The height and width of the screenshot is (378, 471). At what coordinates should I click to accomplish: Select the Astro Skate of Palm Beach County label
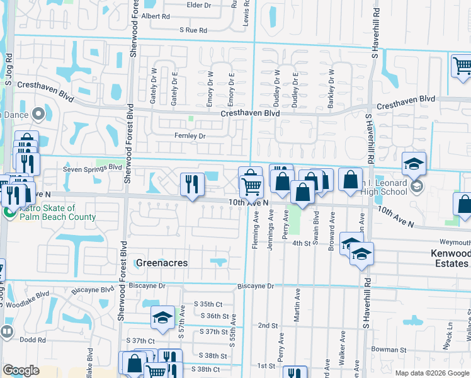coord(56,212)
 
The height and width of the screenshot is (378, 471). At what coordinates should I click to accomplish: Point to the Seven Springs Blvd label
coord(92,168)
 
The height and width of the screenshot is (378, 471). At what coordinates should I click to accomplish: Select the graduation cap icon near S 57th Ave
coord(162,316)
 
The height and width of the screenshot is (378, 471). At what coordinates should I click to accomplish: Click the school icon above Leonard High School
coord(414,164)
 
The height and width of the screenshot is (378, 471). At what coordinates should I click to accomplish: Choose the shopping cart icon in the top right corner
coord(462,64)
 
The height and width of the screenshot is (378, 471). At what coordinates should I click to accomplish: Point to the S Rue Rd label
coord(193,30)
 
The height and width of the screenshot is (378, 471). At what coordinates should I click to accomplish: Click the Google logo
coord(21,370)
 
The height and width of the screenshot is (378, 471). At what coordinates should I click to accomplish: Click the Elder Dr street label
coord(199,5)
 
